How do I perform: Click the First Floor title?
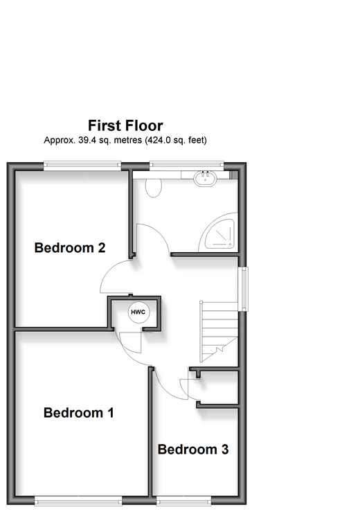[125, 125]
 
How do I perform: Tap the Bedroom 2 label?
[70, 248]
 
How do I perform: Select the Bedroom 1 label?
[79, 413]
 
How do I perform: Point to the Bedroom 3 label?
[193, 450]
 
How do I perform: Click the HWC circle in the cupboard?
[138, 312]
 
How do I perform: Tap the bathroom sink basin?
[205, 178]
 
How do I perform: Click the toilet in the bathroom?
[153, 188]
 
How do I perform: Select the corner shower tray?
[217, 232]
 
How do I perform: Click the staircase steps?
[219, 331]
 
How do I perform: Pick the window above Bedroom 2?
[82, 166]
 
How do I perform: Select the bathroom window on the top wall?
[186, 166]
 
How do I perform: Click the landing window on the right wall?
[244, 289]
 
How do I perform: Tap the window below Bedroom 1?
[78, 501]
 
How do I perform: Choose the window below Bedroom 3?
[183, 501]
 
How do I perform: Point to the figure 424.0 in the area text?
[158, 141]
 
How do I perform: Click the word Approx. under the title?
[60, 141]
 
